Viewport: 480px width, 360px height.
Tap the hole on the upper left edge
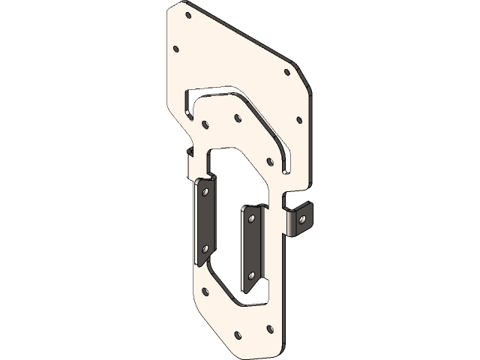click(x=176, y=49)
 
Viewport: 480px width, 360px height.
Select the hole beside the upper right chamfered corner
click(x=286, y=73)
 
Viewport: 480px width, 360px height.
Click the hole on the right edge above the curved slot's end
click(x=298, y=118)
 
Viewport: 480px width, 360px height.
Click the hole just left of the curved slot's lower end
click(x=268, y=160)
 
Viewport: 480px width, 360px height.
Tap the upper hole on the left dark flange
click(x=202, y=193)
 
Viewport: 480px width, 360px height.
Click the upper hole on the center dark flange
click(x=251, y=219)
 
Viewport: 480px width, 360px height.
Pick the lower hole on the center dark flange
click(x=253, y=274)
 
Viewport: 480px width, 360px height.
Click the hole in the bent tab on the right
click(x=303, y=219)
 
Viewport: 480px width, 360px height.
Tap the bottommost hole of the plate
click(x=238, y=334)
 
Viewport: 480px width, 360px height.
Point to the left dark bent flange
click(x=205, y=221)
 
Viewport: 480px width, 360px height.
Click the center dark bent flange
click(x=251, y=247)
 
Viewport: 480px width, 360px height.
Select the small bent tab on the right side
click(x=300, y=220)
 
